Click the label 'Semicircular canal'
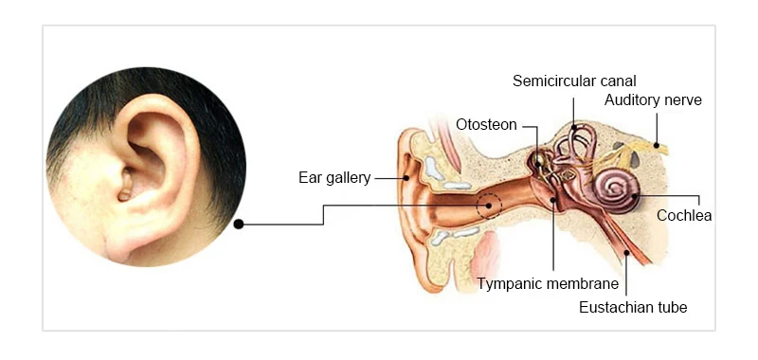click(574, 81)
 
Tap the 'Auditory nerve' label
click(653, 100)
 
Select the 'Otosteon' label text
click(486, 125)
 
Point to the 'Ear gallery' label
click(334, 178)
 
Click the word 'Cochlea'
click(684, 215)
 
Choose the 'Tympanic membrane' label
click(548, 283)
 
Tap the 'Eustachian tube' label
click(633, 307)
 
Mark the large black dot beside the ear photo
click(239, 225)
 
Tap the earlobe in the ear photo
click(122, 245)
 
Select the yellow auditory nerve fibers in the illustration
click(628, 153)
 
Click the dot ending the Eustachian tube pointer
click(626, 252)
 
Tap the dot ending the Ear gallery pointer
click(406, 178)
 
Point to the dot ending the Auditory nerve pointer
click(656, 145)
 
